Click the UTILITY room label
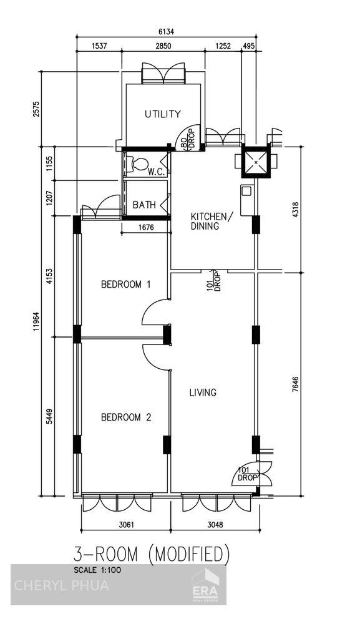pos(163,114)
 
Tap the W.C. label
pos(156,172)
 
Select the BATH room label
pos(144,205)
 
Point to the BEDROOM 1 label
pos(126,285)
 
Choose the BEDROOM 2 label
pos(126,417)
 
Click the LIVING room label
pos(203,392)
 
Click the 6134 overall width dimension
pos(165,31)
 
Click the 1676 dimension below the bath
pos(147,228)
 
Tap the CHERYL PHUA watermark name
pos(61,585)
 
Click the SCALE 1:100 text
pos(97,570)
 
